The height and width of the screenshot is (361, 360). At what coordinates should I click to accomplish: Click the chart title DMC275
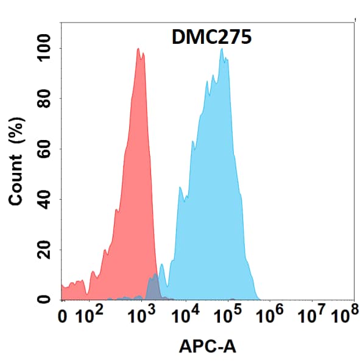tap(208, 38)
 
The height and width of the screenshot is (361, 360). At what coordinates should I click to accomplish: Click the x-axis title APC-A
tap(208, 346)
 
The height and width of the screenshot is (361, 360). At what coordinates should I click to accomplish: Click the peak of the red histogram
tap(139, 49)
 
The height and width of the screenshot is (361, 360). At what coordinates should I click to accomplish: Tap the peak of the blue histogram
tap(222, 50)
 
